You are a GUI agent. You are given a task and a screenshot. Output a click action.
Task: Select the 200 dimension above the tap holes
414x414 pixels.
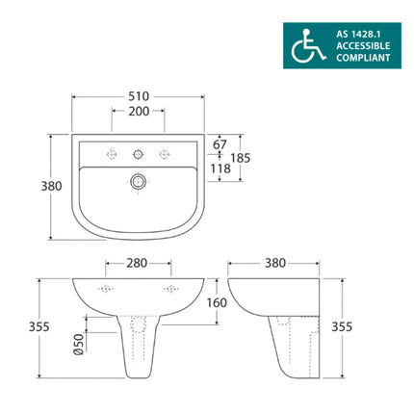138,113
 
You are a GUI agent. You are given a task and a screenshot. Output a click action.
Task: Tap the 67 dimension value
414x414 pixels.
220,143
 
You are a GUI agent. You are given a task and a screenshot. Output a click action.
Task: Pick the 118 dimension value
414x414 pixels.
220,168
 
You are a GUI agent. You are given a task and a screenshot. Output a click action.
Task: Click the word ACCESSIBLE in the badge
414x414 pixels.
363,45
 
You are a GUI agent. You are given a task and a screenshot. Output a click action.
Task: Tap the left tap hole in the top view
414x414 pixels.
112,151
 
